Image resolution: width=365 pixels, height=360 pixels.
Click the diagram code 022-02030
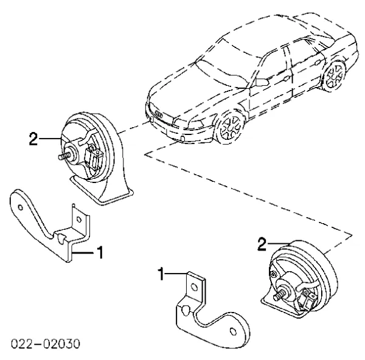(x=43, y=344)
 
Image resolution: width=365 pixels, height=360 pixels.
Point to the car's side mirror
(x=262, y=81)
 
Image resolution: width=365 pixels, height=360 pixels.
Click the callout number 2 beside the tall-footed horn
(x=34, y=139)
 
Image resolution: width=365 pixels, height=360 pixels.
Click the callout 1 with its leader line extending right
(x=162, y=275)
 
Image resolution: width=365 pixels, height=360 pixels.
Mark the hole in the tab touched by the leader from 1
(x=194, y=286)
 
